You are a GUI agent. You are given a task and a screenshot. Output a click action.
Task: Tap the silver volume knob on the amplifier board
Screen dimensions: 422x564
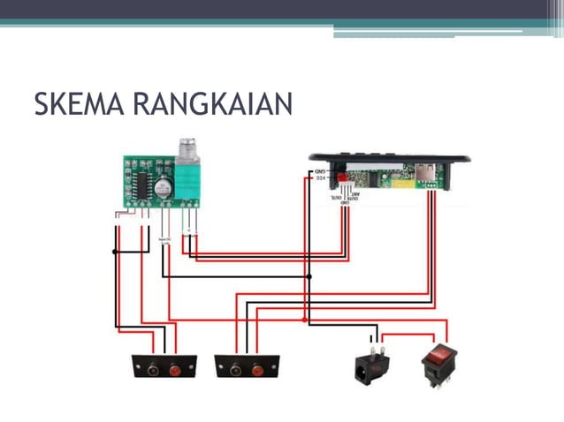(x=187, y=151)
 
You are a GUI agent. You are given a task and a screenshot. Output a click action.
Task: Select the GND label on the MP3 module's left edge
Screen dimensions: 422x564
(x=321, y=170)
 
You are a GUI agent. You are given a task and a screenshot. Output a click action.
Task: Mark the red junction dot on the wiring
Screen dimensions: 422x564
(x=305, y=320)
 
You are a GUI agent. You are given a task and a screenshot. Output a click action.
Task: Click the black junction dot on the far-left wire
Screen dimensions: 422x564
(x=115, y=252)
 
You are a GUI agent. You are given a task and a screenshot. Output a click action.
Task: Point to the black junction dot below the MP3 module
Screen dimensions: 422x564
(x=309, y=276)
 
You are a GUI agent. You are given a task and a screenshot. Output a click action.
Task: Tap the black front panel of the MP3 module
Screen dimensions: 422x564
(x=389, y=158)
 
